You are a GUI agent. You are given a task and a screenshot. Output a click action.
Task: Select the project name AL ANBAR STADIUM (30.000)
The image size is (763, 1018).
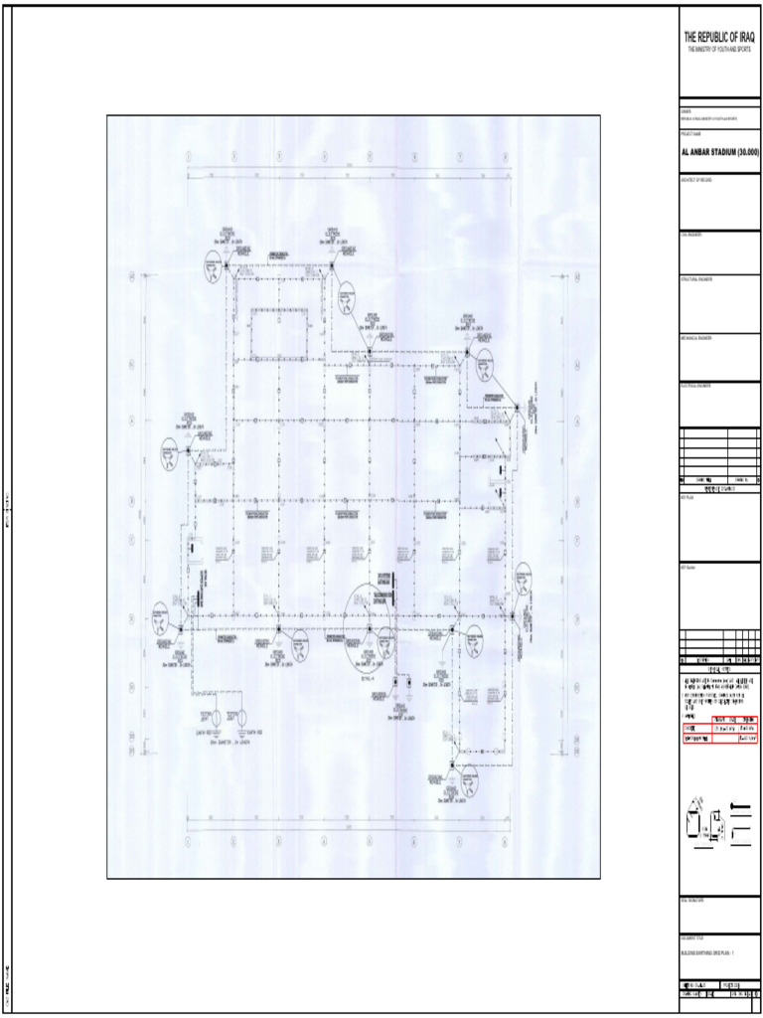(720, 152)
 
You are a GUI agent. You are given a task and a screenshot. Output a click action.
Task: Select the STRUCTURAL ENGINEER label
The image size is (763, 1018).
(696, 278)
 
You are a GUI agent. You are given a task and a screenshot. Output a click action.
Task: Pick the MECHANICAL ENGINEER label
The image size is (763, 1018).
(696, 338)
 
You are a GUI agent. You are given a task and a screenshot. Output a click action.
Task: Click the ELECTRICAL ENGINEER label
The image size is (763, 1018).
(696, 385)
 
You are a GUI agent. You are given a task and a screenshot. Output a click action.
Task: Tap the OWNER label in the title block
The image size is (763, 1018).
(687, 111)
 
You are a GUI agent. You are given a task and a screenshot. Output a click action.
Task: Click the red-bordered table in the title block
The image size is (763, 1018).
(720, 729)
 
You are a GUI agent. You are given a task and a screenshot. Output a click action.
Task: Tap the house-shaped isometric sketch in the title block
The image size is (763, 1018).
(704, 823)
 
